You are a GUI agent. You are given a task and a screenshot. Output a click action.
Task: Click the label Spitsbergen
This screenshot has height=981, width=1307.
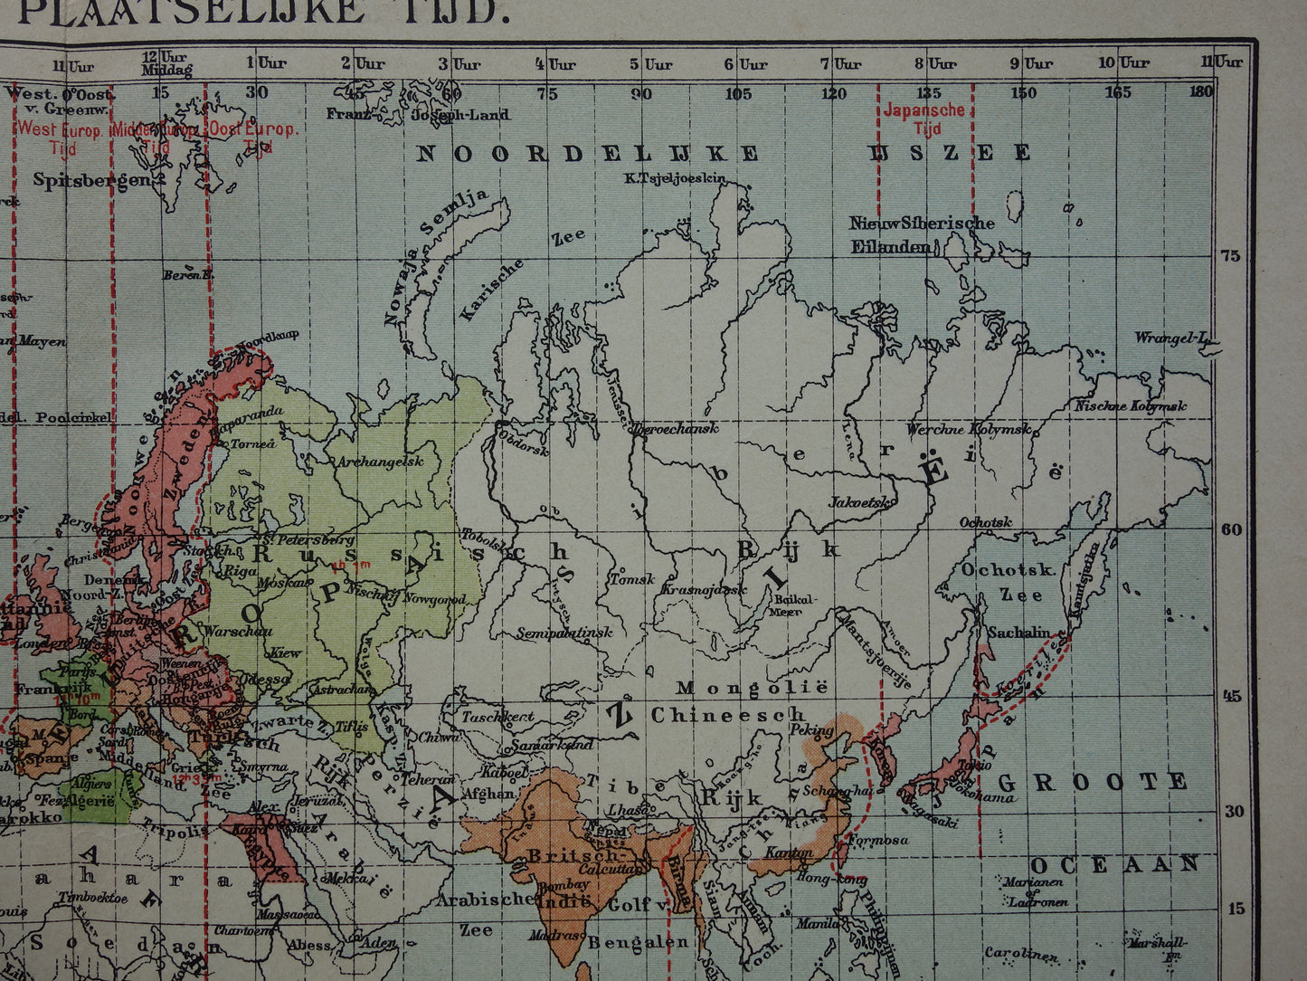[x=90, y=179]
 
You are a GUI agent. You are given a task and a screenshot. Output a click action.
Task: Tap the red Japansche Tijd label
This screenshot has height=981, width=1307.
[x=923, y=119]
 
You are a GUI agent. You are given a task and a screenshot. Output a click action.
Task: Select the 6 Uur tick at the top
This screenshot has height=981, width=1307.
[x=746, y=63]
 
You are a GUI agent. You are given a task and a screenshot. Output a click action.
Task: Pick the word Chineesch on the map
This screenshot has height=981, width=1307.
[x=727, y=715]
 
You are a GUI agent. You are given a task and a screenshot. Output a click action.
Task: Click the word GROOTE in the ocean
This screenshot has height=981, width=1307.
[x=1092, y=781]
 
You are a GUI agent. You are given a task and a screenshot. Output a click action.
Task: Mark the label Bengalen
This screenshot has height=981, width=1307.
[x=637, y=943]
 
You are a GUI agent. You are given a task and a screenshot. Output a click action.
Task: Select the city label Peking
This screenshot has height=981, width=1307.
[x=810, y=729]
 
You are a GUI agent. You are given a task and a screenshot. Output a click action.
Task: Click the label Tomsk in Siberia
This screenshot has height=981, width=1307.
[x=631, y=579]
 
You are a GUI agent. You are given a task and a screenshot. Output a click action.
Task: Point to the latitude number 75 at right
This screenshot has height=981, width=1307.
[x=1230, y=255]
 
